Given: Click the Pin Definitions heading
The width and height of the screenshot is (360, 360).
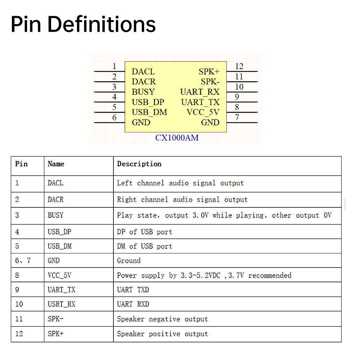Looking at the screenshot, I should click(x=83, y=24).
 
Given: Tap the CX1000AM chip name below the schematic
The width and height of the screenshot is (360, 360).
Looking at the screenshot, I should click(x=177, y=138).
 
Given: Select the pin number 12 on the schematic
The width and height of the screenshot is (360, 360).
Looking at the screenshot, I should click(x=239, y=66).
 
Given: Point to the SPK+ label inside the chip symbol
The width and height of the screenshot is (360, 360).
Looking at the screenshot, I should click(x=209, y=72).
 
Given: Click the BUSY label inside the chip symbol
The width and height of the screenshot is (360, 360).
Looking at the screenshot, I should click(x=143, y=92).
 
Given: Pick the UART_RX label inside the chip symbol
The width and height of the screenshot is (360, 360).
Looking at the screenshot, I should click(x=200, y=92).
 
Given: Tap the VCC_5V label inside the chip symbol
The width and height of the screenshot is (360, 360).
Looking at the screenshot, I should click(x=203, y=112).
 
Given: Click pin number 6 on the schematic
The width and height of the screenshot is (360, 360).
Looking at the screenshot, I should click(x=114, y=117).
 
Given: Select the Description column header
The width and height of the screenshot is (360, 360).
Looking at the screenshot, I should click(x=139, y=164).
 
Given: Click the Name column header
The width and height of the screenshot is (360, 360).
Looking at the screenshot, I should click(x=56, y=164).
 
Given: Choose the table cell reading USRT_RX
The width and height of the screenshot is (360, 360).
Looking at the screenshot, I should click(x=62, y=304).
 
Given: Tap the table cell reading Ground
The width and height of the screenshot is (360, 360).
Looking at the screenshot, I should click(x=129, y=260).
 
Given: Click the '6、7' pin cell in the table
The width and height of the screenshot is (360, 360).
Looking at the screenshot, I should click(x=23, y=260).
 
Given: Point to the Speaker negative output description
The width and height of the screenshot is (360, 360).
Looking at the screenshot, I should click(x=162, y=319).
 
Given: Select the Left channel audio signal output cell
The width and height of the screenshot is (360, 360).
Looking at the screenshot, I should click(x=180, y=183).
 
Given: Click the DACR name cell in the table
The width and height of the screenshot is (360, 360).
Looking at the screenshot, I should click(x=55, y=199).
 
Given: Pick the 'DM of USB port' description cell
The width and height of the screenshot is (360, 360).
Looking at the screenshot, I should click(x=144, y=246).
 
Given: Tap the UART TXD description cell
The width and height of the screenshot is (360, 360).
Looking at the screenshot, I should click(x=133, y=289).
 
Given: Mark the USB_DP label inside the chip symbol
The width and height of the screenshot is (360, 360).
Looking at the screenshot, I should click(x=148, y=102).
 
